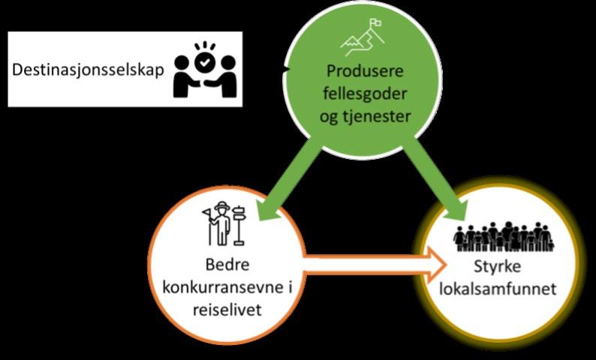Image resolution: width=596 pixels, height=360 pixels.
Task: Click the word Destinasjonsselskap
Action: [87, 72]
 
